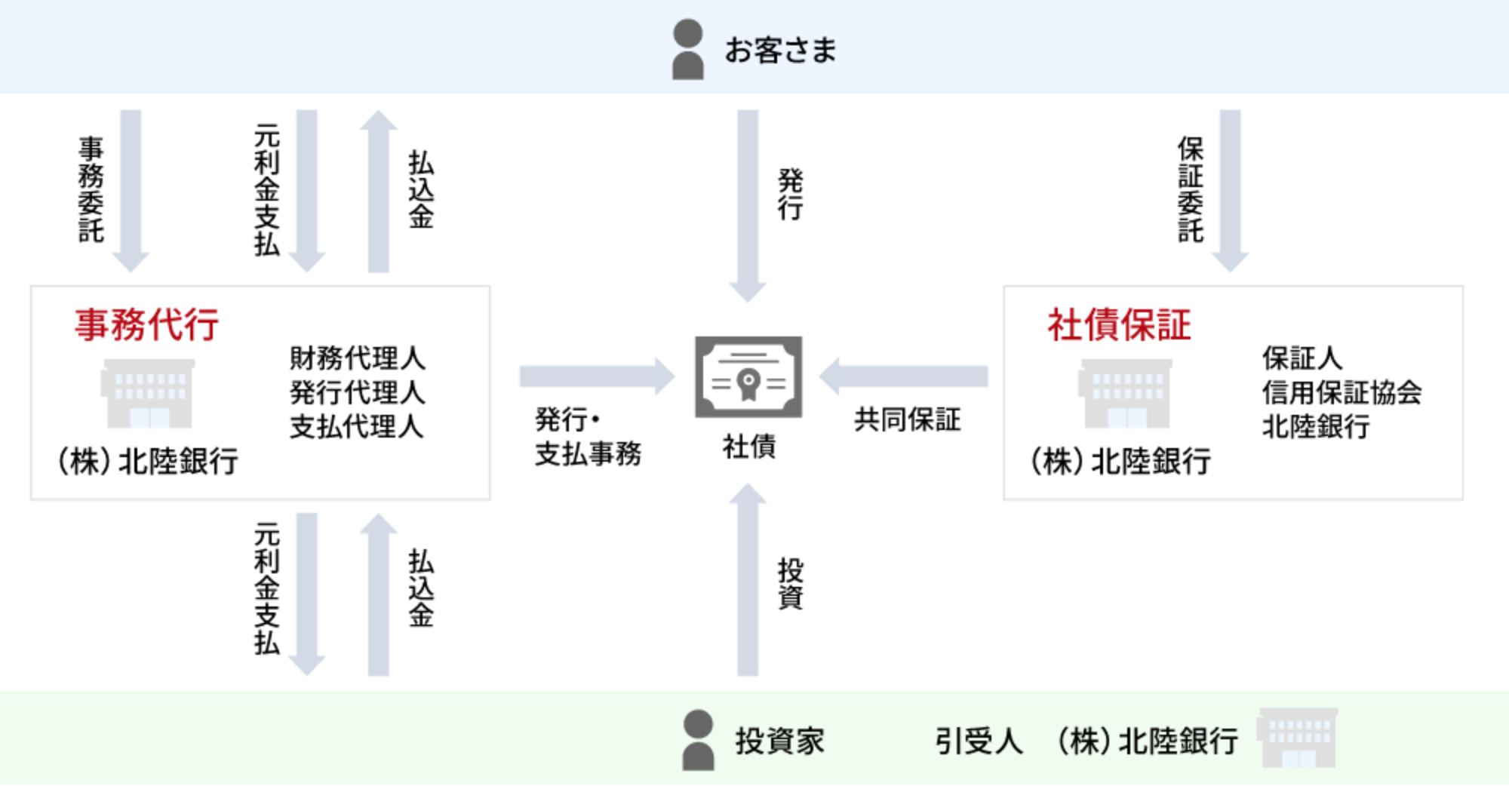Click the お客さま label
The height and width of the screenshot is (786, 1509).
point(780,51)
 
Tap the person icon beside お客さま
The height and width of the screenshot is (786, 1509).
point(687,50)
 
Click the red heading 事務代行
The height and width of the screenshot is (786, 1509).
point(146,325)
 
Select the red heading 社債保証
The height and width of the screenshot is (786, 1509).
point(1119,325)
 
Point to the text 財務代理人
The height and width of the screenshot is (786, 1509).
point(358,358)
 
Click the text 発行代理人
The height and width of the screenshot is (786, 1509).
point(358,392)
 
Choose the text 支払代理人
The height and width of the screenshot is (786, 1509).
point(356,427)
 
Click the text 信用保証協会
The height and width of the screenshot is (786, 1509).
point(1342,392)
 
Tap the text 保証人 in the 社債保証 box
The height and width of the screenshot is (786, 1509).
point(1302,358)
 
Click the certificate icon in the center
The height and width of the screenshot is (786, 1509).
point(748,377)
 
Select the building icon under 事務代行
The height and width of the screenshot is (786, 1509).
point(148,394)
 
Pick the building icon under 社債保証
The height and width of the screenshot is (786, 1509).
point(1125,394)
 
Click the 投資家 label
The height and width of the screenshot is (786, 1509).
point(779,741)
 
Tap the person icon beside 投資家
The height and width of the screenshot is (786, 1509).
point(698,740)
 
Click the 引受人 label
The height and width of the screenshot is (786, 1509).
point(979,741)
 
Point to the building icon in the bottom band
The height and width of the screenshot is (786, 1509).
point(1297,738)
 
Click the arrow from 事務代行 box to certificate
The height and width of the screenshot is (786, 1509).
point(596,376)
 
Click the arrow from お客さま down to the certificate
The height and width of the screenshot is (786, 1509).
point(748,204)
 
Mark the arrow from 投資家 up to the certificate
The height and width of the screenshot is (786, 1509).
point(748,581)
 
